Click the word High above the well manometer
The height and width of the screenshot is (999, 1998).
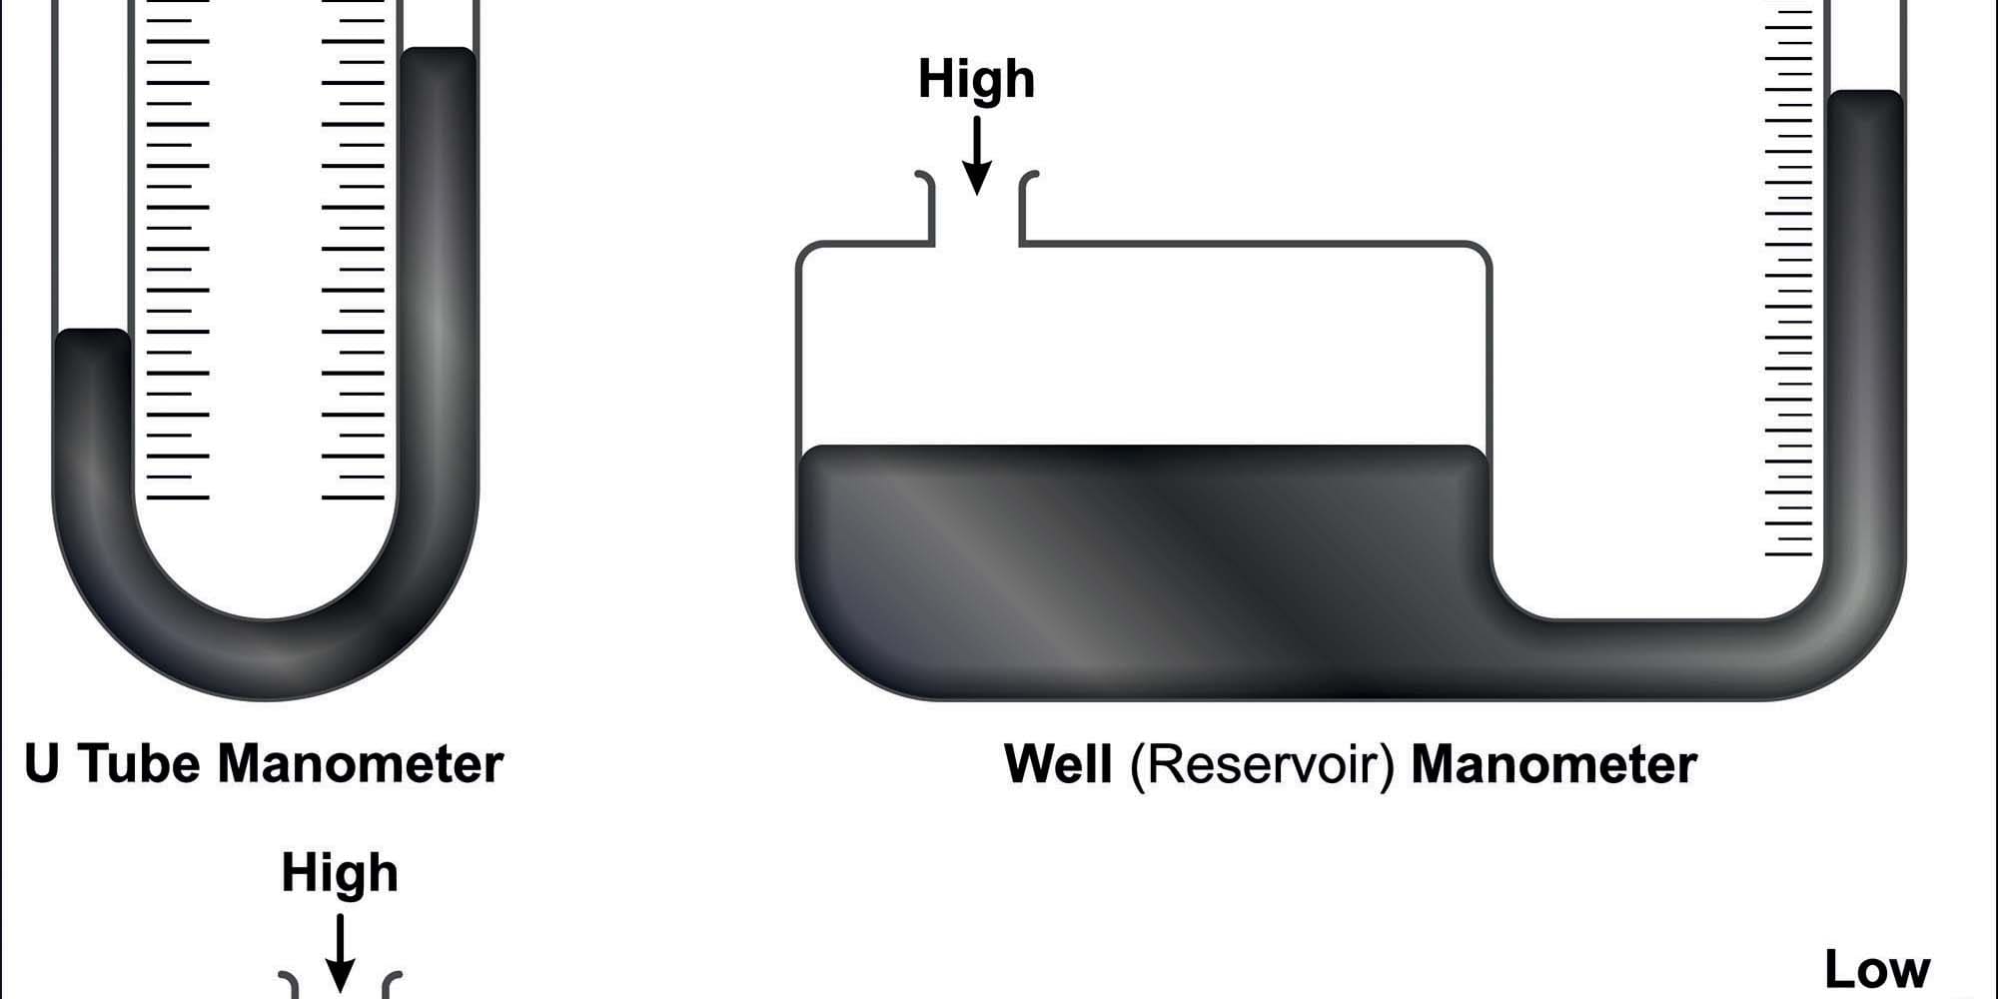click(x=976, y=79)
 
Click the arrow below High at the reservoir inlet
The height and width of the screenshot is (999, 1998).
click(x=977, y=156)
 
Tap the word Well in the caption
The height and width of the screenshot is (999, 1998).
click(x=1058, y=764)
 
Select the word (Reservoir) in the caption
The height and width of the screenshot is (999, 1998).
click(x=1262, y=765)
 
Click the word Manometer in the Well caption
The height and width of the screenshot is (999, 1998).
click(x=1553, y=765)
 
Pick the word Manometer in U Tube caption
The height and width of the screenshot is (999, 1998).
click(x=361, y=764)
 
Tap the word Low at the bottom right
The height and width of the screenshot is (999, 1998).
click(x=1877, y=969)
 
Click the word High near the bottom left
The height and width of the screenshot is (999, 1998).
click(x=340, y=872)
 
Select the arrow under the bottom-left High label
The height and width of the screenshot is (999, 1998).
click(x=341, y=954)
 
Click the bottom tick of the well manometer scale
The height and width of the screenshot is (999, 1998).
click(x=1788, y=554)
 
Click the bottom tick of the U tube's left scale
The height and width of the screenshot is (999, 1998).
click(x=178, y=497)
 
